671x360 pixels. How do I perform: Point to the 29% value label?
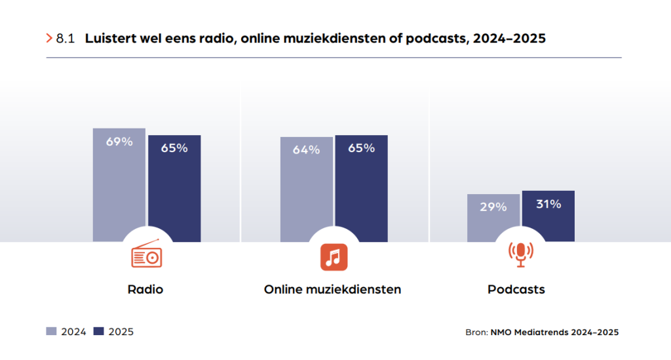pyautogui.click(x=493, y=207)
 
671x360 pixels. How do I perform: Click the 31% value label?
pyautogui.click(x=548, y=204)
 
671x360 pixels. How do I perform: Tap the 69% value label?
pyautogui.click(x=119, y=141)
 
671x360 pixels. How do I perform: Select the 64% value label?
pyautogui.click(x=306, y=150)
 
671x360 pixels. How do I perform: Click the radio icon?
pyautogui.click(x=146, y=255)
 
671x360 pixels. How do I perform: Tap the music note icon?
pyautogui.click(x=334, y=256)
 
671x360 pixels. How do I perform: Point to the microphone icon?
pyautogui.click(x=521, y=254)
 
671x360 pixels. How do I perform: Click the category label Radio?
pyautogui.click(x=145, y=289)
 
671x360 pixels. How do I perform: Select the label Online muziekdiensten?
pyautogui.click(x=332, y=289)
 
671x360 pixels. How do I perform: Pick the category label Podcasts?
pyautogui.click(x=516, y=289)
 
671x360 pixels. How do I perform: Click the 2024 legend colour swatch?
pyautogui.click(x=52, y=332)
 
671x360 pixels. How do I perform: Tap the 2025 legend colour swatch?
pyautogui.click(x=100, y=332)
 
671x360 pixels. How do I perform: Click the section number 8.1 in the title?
pyautogui.click(x=66, y=39)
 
